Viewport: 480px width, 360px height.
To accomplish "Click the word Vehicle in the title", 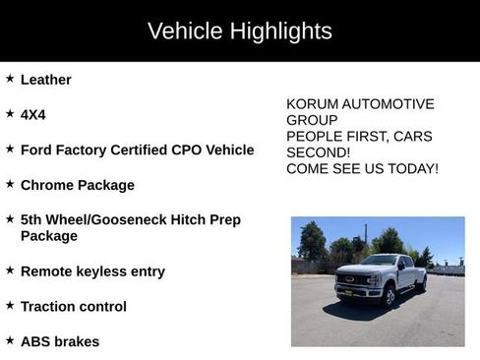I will tap(184, 30).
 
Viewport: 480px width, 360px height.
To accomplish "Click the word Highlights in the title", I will tap(280, 30).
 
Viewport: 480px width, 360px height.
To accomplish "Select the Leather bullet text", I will tap(45, 80).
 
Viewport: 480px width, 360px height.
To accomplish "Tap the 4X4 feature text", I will tap(32, 115).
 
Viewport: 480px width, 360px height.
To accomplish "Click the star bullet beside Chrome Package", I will tap(10, 184).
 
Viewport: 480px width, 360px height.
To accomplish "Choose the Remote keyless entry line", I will tap(92, 270).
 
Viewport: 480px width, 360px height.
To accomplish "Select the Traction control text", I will tap(73, 306).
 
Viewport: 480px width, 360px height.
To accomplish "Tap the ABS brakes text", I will tap(59, 341).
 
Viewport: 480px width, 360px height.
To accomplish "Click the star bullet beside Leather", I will tap(10, 79).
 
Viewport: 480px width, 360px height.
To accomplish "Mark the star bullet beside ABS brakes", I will tap(10, 340).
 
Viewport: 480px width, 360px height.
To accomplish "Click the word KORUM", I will tap(313, 104).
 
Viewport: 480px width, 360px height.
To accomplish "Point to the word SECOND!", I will tap(318, 152).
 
